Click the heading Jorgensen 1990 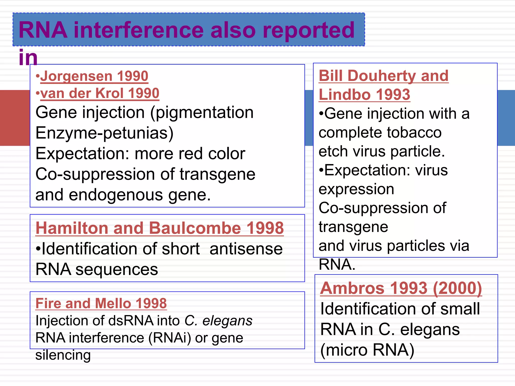coord(94,76)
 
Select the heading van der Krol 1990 coord(100,93)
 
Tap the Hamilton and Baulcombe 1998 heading coord(160,228)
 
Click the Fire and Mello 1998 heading coord(101,303)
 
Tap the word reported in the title coord(309,30)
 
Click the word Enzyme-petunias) coord(105,133)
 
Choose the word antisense coord(246,249)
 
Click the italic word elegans coord(227,321)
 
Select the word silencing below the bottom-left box coord(63,355)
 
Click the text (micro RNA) coord(367,350)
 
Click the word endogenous coord(116,195)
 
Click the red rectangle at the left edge coord(15,118)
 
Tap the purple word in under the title coord(28,58)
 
